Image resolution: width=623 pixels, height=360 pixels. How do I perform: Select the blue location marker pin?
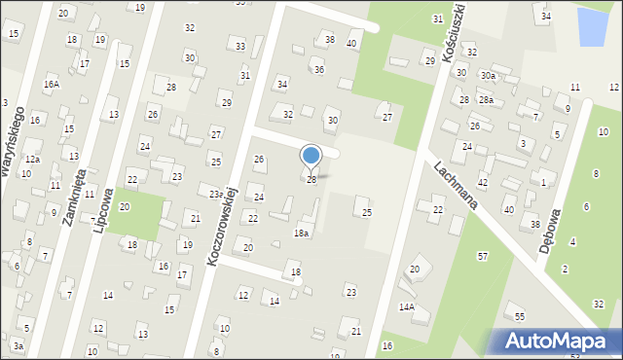tap(311, 157)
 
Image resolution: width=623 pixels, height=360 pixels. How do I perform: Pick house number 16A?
tap(51, 85)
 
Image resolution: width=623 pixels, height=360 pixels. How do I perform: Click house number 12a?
tap(32, 159)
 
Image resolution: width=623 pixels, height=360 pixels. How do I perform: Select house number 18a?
tap(302, 234)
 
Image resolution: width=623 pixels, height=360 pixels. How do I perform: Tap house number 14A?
tap(406, 306)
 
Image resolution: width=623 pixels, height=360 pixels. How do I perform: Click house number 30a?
tap(487, 75)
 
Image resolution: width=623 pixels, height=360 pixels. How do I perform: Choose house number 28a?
tap(485, 100)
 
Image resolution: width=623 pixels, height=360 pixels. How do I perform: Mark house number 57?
tap(482, 256)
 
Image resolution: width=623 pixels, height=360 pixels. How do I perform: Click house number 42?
tap(482, 183)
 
